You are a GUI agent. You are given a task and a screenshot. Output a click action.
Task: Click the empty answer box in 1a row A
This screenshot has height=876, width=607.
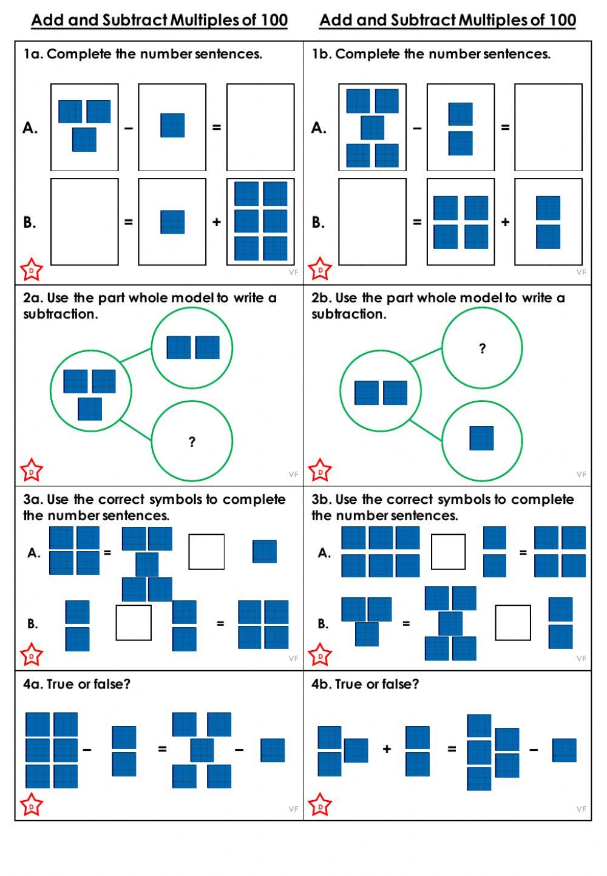tap(260, 127)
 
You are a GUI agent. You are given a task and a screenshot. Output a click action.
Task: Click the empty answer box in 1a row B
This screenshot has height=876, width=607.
tap(84, 222)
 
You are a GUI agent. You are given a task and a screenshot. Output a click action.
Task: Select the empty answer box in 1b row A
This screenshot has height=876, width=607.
tap(548, 127)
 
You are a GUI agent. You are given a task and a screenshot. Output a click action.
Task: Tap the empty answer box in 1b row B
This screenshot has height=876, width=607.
tap(372, 222)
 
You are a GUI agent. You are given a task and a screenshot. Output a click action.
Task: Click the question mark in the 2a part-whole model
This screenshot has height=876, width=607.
tap(192, 442)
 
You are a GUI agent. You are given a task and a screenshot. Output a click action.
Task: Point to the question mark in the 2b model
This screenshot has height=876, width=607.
tap(482, 348)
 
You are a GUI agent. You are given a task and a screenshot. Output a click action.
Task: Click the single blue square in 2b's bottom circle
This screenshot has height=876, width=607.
tap(481, 438)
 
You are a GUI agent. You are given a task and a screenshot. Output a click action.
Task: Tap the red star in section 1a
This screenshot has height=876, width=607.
tap(32, 270)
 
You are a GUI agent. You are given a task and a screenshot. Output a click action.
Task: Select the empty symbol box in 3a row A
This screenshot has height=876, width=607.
tap(206, 552)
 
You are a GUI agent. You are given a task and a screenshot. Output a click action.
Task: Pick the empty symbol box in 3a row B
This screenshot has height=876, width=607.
tap(134, 622)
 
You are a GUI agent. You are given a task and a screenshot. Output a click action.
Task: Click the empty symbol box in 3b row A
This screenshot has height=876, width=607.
tap(448, 552)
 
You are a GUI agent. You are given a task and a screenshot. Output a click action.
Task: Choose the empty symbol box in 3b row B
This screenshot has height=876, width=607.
tap(513, 622)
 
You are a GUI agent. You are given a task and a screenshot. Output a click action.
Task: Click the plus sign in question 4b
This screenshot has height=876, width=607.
tap(387, 749)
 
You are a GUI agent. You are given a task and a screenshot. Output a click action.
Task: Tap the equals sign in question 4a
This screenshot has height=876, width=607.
tap(162, 749)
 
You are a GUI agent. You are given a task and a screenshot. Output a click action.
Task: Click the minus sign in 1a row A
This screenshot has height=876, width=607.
tap(129, 128)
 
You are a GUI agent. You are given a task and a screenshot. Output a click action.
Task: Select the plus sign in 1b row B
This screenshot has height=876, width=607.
tap(505, 222)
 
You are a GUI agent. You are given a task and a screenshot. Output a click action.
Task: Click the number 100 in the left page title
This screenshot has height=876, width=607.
tap(274, 20)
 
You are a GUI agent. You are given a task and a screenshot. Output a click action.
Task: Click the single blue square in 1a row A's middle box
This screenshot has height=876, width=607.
tap(172, 125)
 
